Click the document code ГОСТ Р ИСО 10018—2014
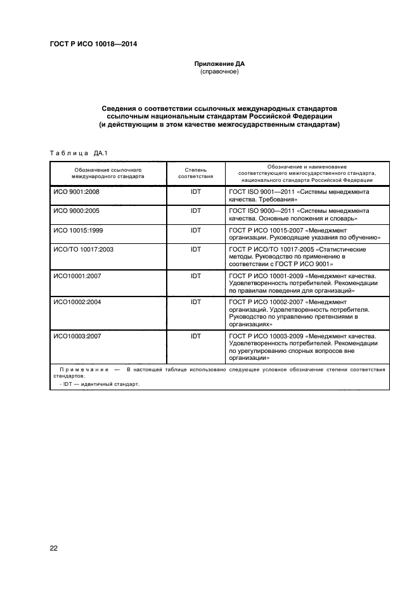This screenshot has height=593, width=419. tap(93, 44)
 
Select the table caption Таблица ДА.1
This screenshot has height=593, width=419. tap(79, 152)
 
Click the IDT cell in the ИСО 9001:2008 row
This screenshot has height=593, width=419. tap(195, 191)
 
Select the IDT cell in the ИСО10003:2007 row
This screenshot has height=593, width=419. tap(195, 335)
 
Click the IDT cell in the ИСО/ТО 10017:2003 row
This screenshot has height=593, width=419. tap(195, 250)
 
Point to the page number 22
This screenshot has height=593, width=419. tap(54, 548)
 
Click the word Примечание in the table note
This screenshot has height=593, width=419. tap(81, 369)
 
